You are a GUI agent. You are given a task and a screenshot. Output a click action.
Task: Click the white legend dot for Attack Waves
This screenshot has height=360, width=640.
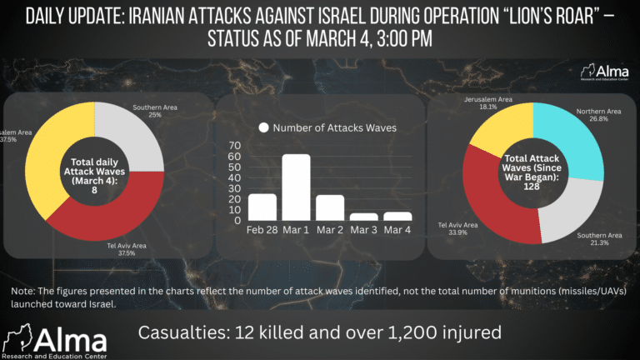264,128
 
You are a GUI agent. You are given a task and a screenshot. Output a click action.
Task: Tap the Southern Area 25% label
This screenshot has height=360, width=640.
154,111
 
